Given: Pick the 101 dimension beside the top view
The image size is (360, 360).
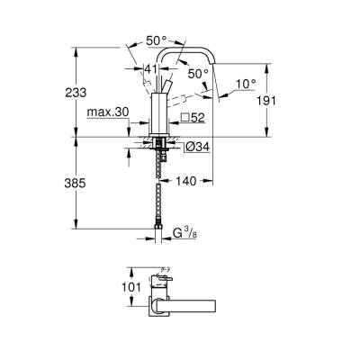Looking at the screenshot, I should tap(130, 289).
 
